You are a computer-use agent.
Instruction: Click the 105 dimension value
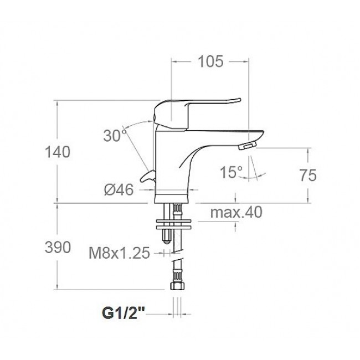pos(210,61)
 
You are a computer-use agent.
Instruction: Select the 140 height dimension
pos(58,152)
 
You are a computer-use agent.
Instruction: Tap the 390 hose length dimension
pos(58,248)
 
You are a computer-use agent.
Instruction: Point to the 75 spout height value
pos(308,176)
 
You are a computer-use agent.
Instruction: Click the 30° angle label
pos(115,136)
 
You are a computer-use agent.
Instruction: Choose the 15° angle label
pos(231,172)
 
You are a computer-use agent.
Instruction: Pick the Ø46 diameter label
pos(119,190)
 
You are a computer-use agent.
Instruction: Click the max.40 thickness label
pos(236,212)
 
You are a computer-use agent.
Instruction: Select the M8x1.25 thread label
pos(120,253)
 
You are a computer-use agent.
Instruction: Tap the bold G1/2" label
pos(124,313)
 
